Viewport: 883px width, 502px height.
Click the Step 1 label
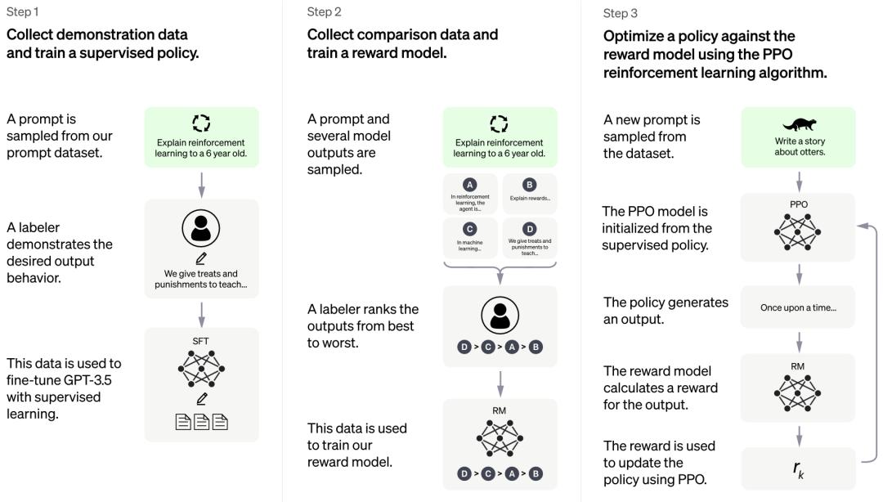point(23,11)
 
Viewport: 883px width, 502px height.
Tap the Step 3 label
point(620,14)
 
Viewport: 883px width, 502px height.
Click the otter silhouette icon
point(799,123)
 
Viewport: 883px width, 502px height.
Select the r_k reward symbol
point(799,469)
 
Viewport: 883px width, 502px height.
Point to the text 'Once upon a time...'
point(798,307)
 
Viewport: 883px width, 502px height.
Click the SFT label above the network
point(200,341)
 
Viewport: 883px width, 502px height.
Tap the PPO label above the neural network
point(798,204)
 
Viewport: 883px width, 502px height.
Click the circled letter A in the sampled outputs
point(469,184)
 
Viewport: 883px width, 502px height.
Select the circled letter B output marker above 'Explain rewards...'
point(529,184)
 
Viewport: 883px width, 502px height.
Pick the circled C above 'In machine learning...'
point(469,229)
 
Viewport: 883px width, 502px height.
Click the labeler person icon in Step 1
point(200,228)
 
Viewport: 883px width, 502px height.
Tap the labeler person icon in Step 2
point(500,316)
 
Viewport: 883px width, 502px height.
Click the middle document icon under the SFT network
point(202,422)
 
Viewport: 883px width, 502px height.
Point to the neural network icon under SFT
point(201,369)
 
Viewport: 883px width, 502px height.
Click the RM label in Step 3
point(797,366)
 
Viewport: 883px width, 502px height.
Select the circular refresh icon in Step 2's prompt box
point(499,123)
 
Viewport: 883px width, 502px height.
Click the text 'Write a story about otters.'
point(800,146)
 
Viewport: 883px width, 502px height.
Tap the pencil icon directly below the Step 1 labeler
point(201,258)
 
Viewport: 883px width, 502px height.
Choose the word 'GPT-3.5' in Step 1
point(87,380)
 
